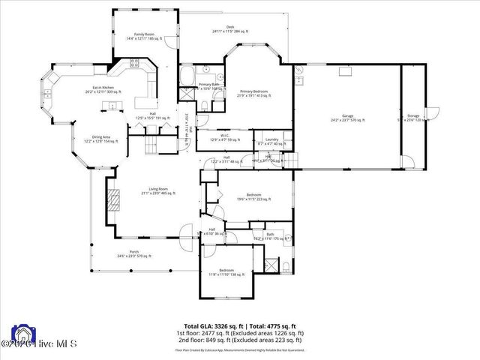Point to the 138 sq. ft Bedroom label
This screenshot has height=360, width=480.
point(226,272)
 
